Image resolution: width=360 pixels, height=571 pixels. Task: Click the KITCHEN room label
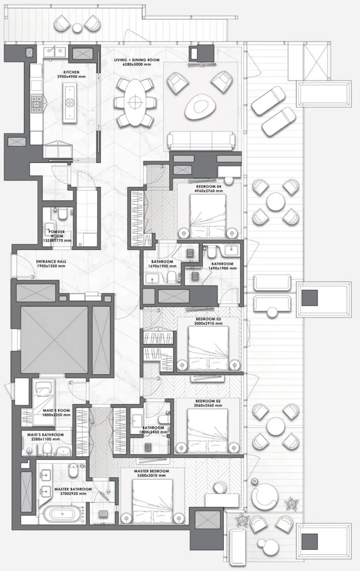coord(68,72)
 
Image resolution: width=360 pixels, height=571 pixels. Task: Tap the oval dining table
coord(134,101)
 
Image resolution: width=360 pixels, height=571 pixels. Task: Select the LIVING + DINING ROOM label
coord(137,60)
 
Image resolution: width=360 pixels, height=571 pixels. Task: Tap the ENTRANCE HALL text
coord(51,262)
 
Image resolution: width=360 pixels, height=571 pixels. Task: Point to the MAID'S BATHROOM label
coord(46,435)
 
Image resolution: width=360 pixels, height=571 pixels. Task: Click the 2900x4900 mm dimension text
coord(68,77)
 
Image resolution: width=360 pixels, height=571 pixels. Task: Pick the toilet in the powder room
coord(63,214)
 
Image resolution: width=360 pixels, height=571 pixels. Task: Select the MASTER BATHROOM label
coord(72,489)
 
